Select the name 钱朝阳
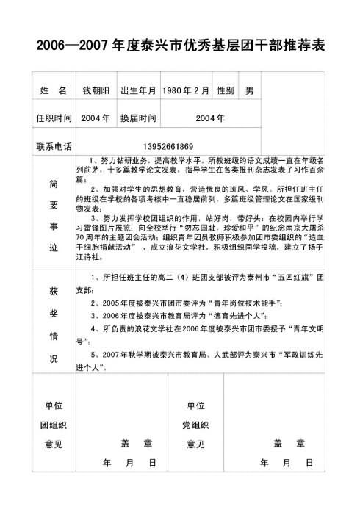pyautogui.click(x=96, y=90)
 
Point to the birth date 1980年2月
pyautogui.click(x=186, y=90)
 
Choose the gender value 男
pyautogui.click(x=250, y=90)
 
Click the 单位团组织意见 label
pyautogui.click(x=53, y=425)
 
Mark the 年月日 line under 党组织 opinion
pyautogui.click(x=287, y=463)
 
